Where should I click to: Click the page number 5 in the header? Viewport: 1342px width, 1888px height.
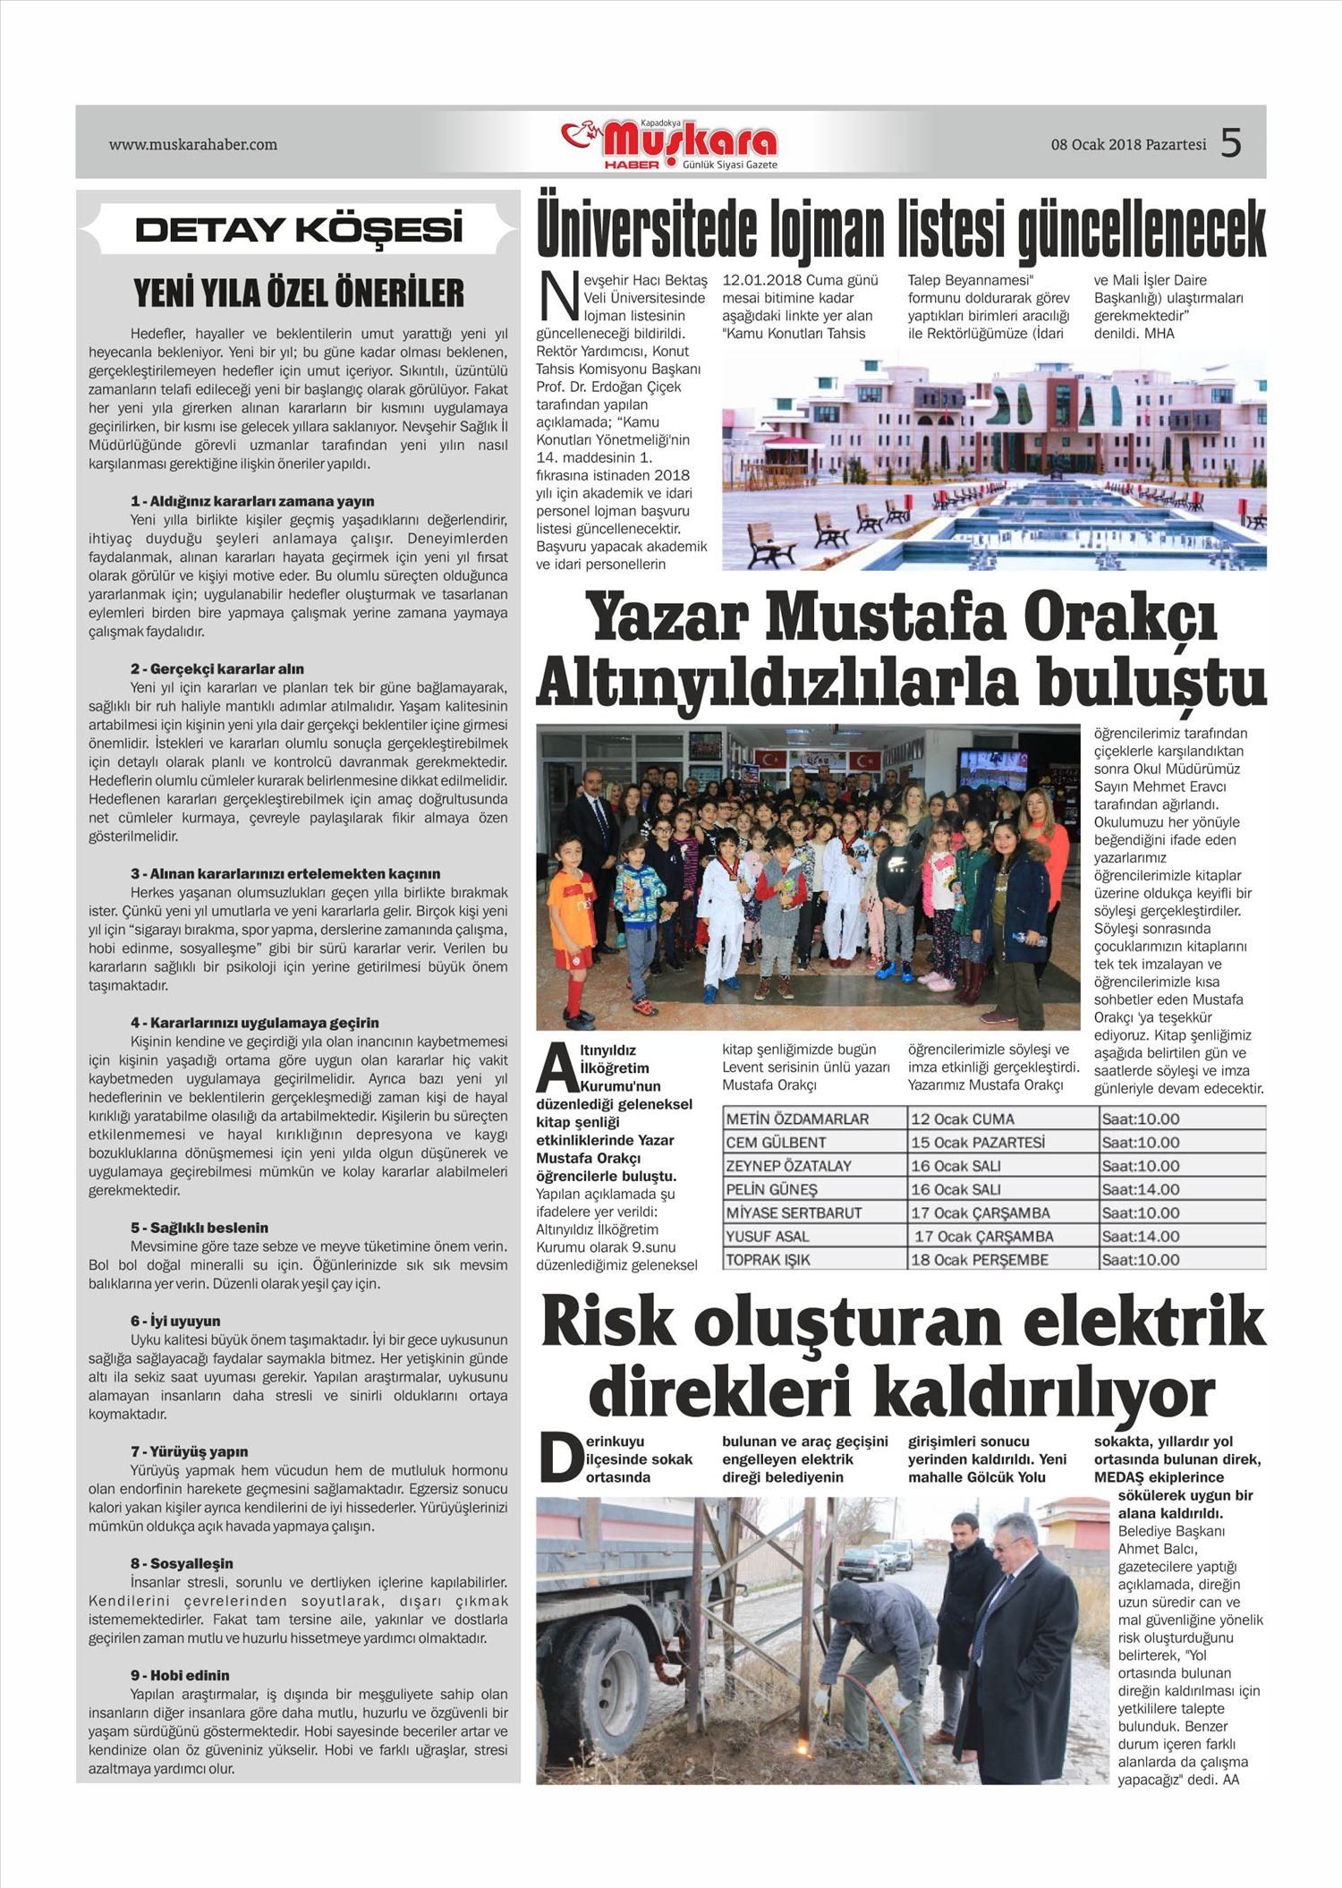tap(1231, 143)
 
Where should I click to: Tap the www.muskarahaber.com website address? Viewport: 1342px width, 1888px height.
tap(193, 144)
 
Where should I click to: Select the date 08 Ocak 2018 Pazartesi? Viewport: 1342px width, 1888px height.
tap(1128, 144)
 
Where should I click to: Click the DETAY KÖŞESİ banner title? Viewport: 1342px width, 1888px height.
tap(299, 231)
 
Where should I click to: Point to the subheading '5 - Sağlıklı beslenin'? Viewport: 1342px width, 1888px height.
tap(200, 1228)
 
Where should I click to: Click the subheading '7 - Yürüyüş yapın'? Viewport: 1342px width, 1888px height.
tap(190, 1451)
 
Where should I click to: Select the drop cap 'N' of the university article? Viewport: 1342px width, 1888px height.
tap(557, 297)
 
